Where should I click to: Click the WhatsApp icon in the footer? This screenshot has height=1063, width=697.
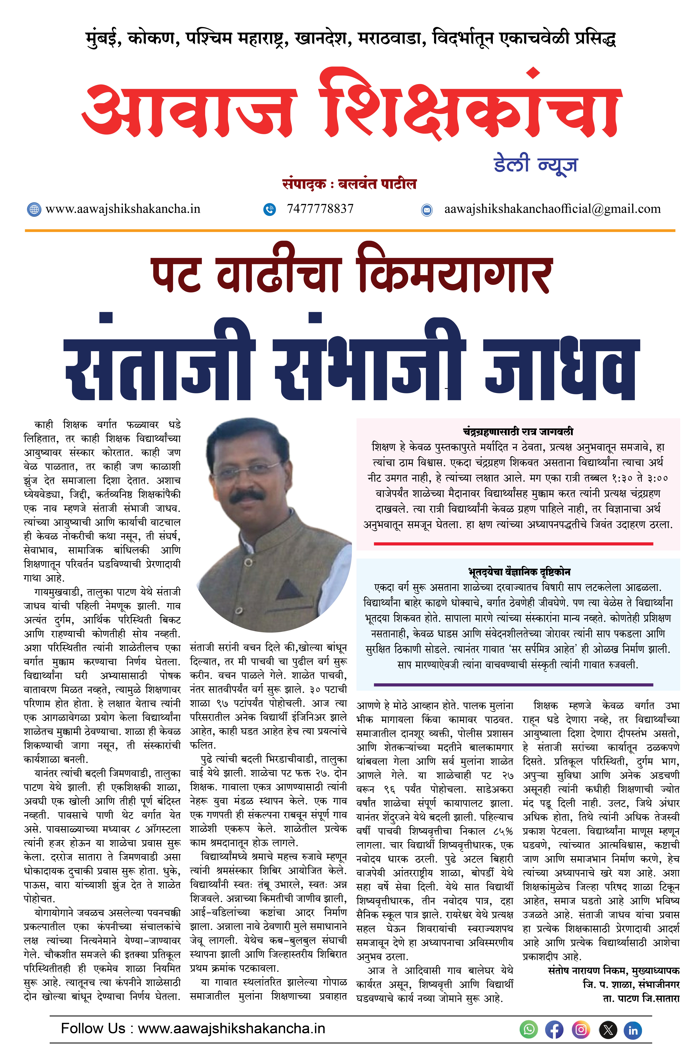529,1030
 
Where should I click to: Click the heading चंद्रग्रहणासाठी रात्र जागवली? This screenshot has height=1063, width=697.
518,431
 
